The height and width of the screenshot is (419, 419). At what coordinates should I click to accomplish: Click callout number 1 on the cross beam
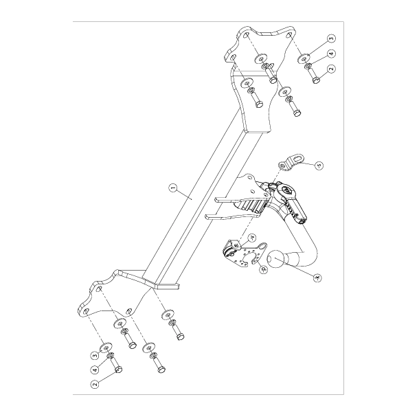click(x=172, y=187)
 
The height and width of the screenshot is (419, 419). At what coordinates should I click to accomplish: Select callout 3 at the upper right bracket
click(x=331, y=39)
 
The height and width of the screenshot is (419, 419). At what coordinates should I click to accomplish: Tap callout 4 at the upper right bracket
click(x=332, y=54)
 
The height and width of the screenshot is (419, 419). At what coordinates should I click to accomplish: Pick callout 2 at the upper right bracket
click(x=332, y=69)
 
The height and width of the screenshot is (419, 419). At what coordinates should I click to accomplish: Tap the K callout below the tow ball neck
click(x=317, y=278)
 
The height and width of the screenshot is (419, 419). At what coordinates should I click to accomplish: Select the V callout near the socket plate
click(x=252, y=238)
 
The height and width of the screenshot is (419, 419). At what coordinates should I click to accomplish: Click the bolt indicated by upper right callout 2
click(x=315, y=78)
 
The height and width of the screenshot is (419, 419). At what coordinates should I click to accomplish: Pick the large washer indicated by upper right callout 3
click(x=304, y=59)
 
